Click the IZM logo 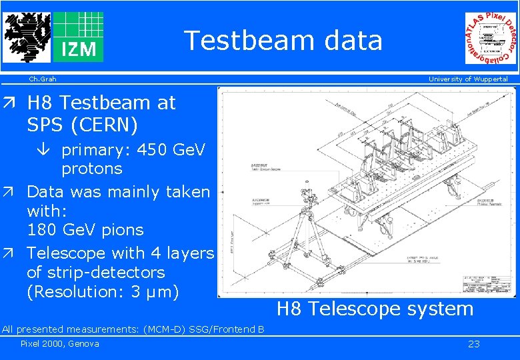click(78, 37)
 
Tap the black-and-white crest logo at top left click(26, 37)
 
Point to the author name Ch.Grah click(42, 79)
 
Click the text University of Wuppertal click(467, 79)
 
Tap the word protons click(91, 169)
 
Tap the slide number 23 click(473, 344)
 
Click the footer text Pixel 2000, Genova click(59, 344)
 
